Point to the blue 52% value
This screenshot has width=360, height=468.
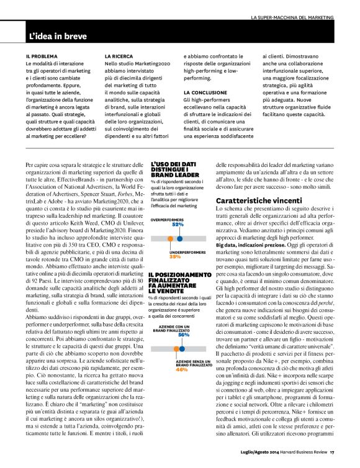point(179,225)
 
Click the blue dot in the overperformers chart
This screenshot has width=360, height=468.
point(179,238)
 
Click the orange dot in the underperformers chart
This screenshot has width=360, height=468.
point(169,238)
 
